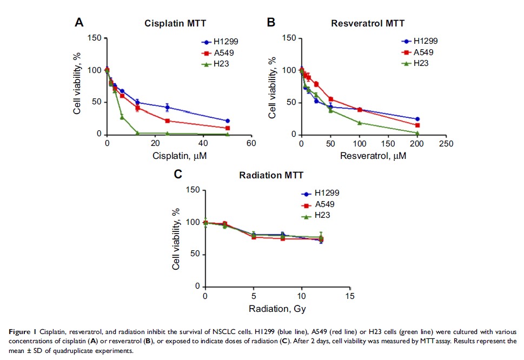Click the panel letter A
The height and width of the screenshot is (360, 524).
pos(79,23)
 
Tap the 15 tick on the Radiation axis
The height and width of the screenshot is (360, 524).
pos(350,296)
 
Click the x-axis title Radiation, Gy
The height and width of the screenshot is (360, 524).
pos(277,309)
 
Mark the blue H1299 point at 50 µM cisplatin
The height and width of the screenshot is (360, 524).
pos(228,121)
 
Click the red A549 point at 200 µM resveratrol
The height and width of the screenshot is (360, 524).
pos(417,125)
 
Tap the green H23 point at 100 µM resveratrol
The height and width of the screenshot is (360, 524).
pos(360,123)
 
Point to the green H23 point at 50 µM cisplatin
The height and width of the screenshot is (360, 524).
pos(228,134)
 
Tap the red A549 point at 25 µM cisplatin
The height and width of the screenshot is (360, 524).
pos(168,121)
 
